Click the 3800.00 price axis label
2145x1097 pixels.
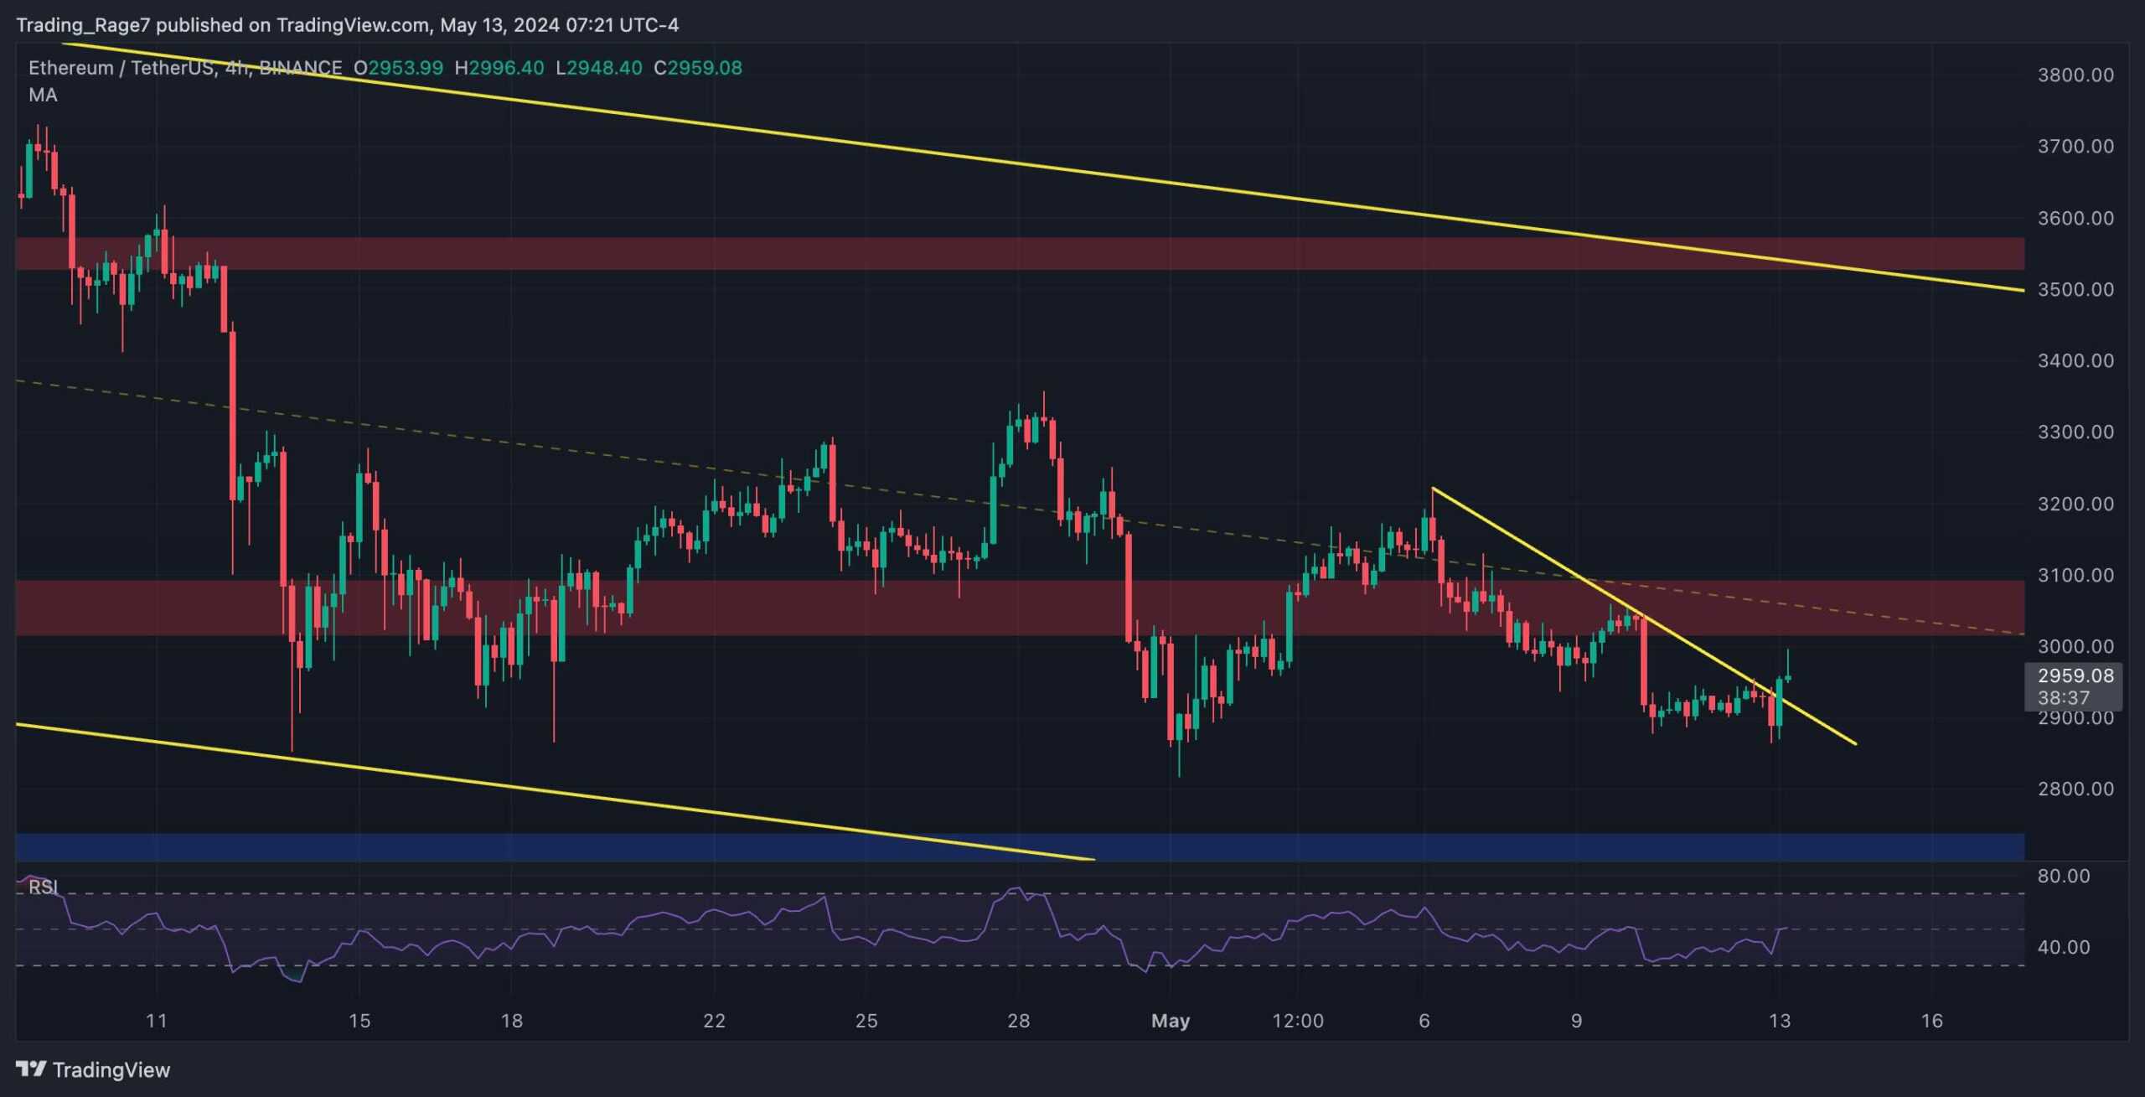coord(2075,75)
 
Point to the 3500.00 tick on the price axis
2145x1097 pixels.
coord(2075,289)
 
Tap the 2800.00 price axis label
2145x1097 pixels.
coord(2075,789)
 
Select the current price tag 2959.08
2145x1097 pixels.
coord(2075,675)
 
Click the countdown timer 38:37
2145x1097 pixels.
coord(2063,697)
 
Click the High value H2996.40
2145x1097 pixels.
coord(499,68)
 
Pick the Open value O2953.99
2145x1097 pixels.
coord(398,68)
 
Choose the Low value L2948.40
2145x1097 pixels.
coord(599,68)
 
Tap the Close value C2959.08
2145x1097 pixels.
coord(697,68)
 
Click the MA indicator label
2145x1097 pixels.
coord(43,95)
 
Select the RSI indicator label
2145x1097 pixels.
coord(43,887)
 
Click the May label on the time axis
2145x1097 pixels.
coord(1170,1021)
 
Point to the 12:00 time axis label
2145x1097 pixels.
coord(1297,1021)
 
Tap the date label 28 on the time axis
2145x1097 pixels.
coord(1018,1021)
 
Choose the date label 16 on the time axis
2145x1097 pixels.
coord(1931,1021)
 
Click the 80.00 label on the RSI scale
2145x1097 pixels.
coord(2063,876)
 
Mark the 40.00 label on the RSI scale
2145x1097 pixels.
coord(2063,947)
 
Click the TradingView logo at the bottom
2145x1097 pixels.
coord(93,1069)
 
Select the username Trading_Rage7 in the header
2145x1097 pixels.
coord(83,25)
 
